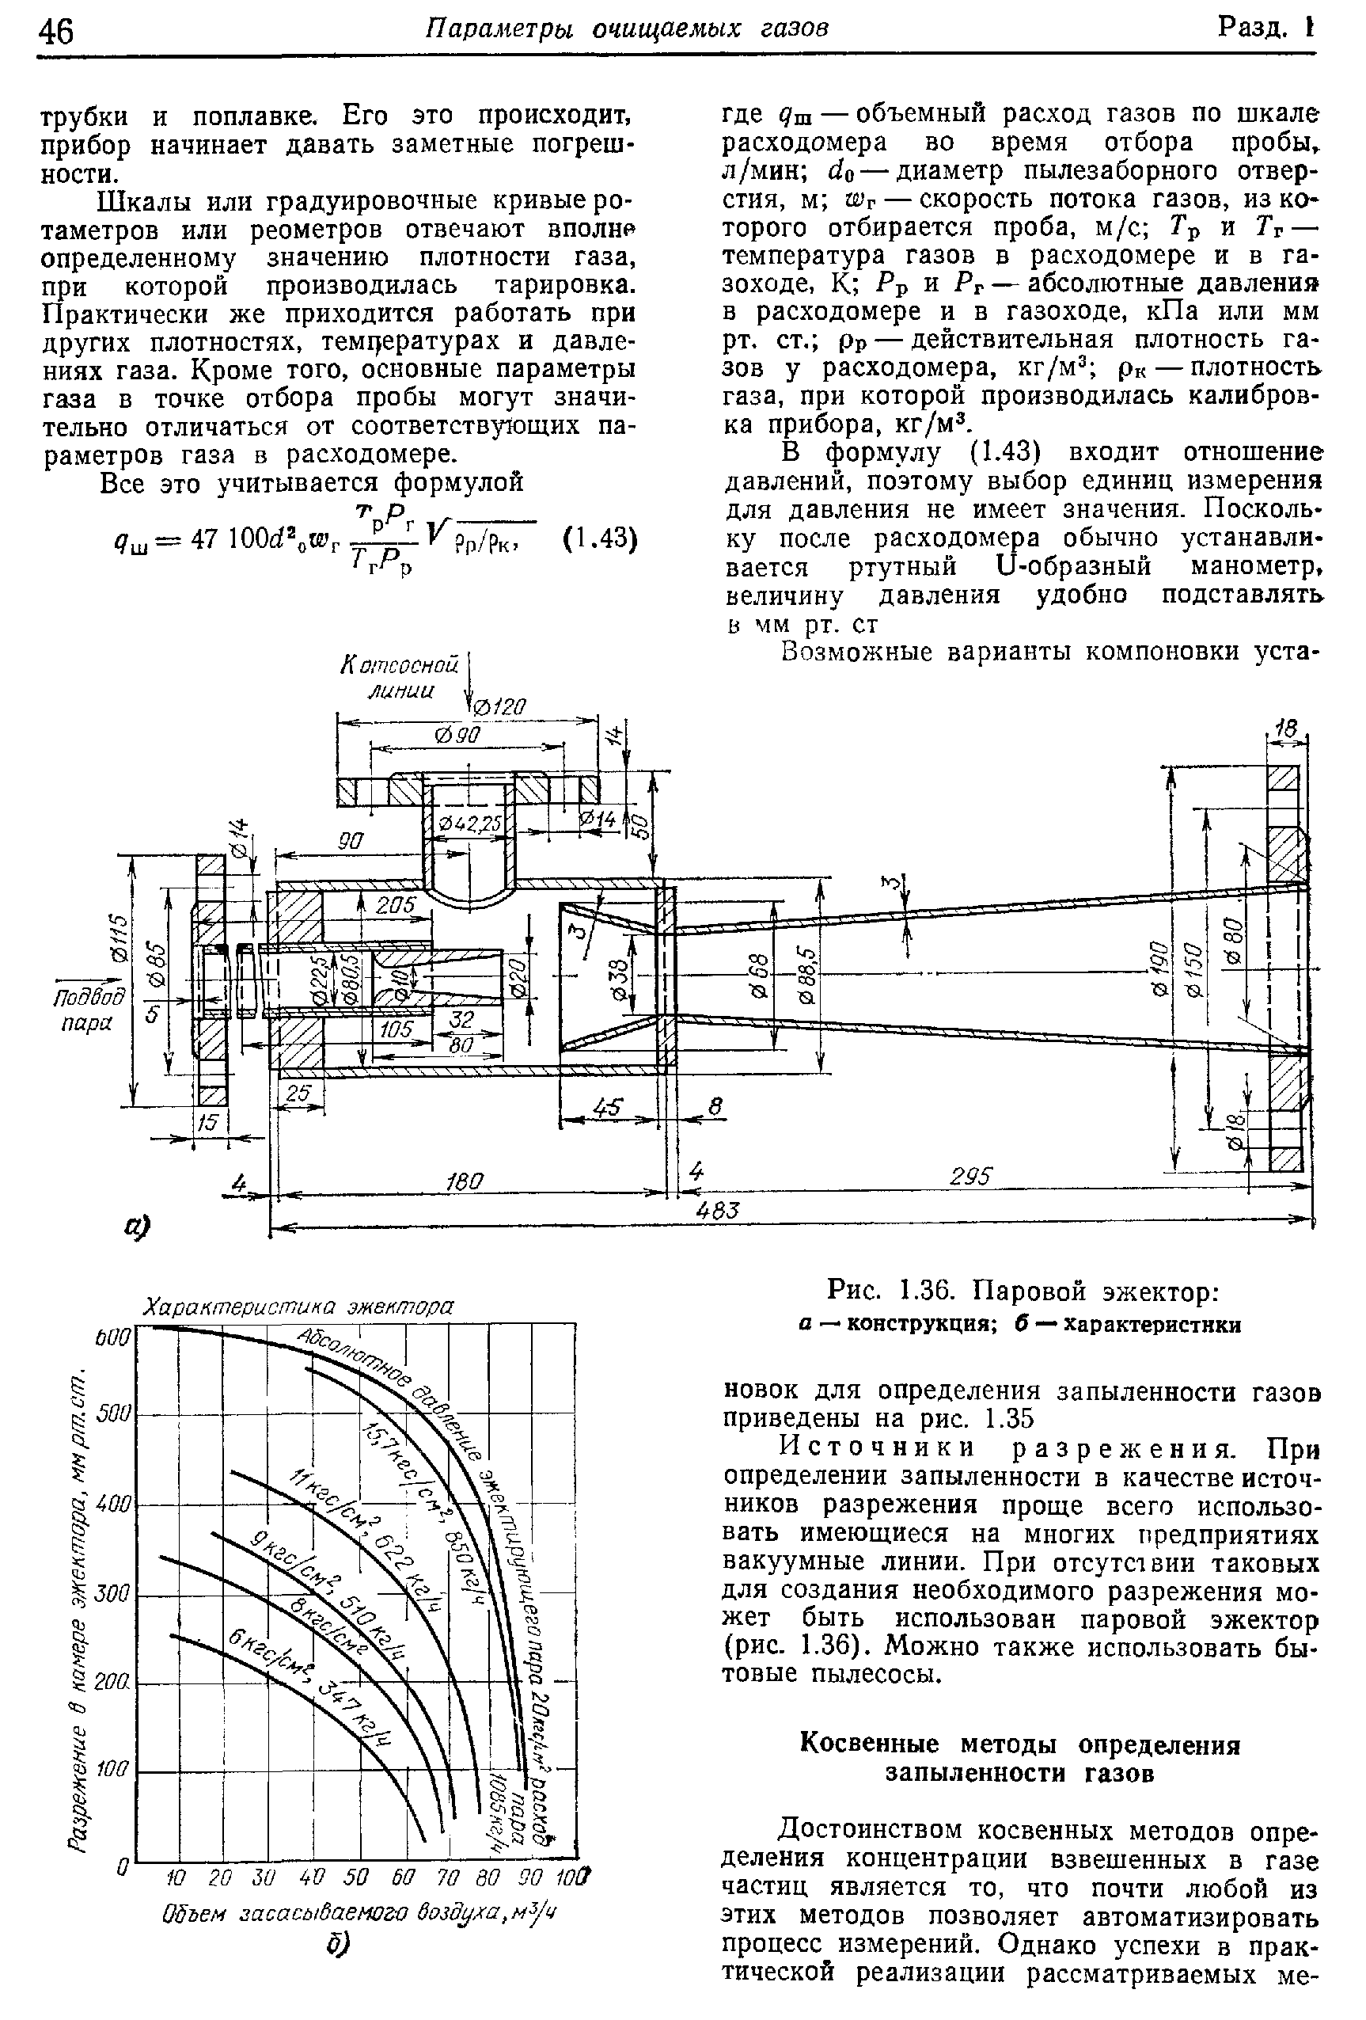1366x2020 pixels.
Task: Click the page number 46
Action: click(x=56, y=32)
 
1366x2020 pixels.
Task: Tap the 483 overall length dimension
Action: click(x=723, y=1211)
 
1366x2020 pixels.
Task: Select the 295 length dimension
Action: click(x=972, y=1176)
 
